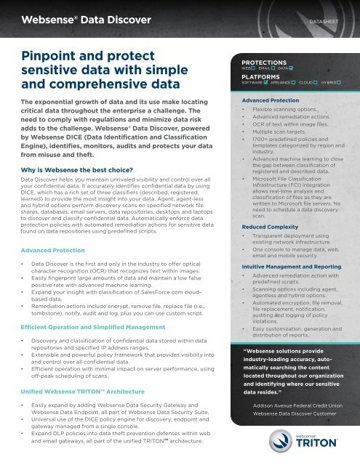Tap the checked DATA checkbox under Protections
(x=291, y=69)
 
